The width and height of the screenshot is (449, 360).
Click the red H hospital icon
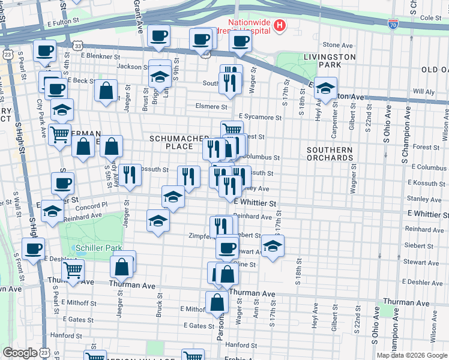point(279,25)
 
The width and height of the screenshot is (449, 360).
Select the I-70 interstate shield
point(393,24)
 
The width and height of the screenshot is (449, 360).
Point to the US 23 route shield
point(7,54)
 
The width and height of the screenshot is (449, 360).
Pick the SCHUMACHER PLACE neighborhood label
point(179,142)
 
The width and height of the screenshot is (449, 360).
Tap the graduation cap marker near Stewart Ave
point(273,246)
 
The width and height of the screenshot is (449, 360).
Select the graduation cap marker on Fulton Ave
point(325,88)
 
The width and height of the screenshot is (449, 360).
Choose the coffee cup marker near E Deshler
point(34,248)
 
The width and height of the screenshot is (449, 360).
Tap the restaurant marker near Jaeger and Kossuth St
point(130,174)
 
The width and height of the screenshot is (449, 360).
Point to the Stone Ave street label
point(337,45)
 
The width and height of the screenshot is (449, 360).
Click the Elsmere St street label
point(211,107)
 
